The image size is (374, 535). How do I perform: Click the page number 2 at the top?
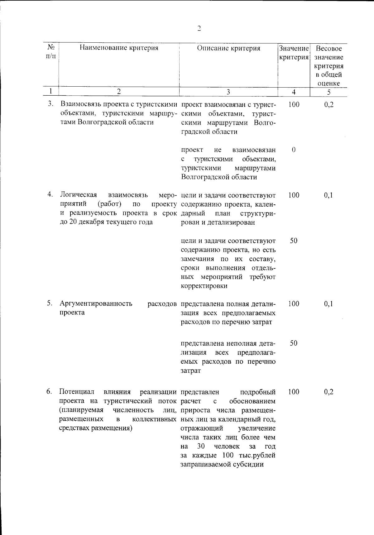[x=199, y=29]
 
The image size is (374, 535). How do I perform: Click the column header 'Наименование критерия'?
[x=119, y=48]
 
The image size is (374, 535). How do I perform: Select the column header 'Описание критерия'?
[x=228, y=48]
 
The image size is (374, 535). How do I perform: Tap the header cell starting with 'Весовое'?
[x=329, y=66]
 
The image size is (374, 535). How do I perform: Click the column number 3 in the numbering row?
[x=228, y=92]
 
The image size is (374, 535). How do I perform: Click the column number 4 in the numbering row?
[x=294, y=92]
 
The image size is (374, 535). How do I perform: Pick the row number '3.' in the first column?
[x=51, y=104]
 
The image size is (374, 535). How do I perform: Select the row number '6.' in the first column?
[x=49, y=392]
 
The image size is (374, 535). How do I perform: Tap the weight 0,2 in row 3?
[x=329, y=104]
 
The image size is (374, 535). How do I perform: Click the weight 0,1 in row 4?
[x=328, y=195]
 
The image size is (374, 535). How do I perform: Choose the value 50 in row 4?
[x=294, y=241]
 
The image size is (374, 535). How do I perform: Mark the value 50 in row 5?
[x=294, y=343]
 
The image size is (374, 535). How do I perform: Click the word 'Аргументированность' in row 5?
[x=96, y=303]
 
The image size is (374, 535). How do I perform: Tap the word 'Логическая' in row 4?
[x=78, y=195]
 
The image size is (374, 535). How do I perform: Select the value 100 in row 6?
[x=294, y=392]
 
